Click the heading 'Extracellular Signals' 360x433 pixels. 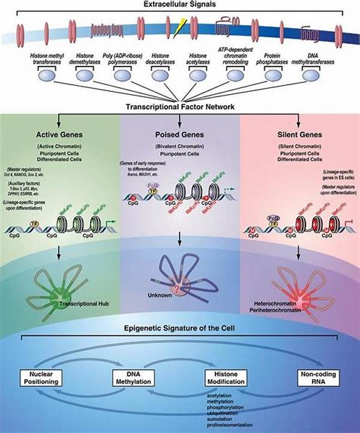click(x=179, y=5)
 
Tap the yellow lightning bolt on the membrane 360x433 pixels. click(x=177, y=26)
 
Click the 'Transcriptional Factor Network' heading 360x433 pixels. click(x=179, y=107)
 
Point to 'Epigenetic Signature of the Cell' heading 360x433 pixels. click(x=179, y=329)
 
